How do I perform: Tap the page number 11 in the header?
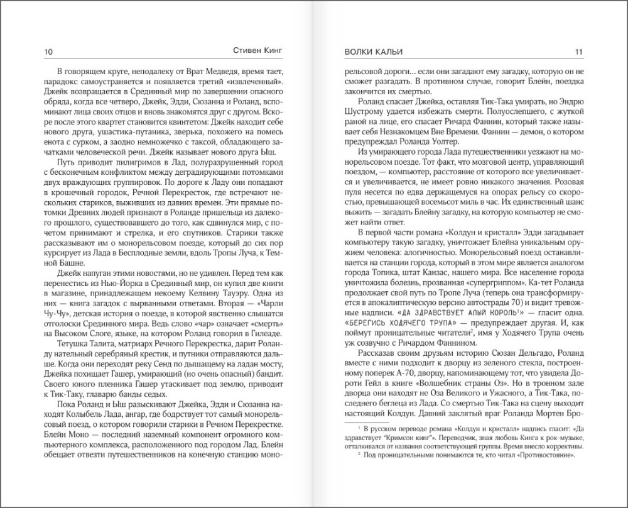point(578,52)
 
